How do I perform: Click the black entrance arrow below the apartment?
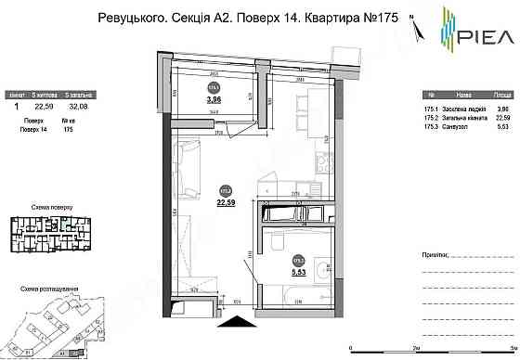232,320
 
